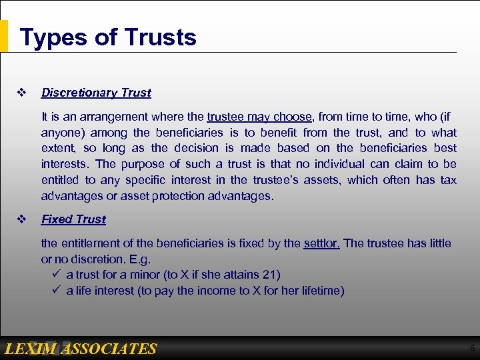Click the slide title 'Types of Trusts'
coord(108,37)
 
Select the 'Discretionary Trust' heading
coord(96,93)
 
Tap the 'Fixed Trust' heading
coord(73,219)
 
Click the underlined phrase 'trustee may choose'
coord(259,116)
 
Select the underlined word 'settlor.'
coord(321,243)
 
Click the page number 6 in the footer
coord(472,349)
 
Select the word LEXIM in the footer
coord(31,349)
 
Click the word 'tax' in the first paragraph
coord(448,180)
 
